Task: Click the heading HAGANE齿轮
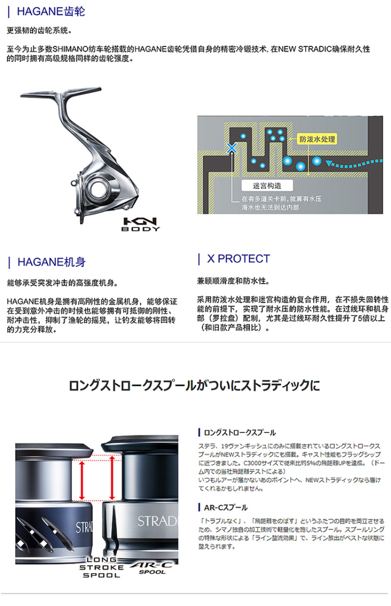tap(51, 12)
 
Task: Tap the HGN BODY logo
tap(140, 224)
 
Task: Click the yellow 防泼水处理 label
tap(317, 139)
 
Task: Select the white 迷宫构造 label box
tap(267, 185)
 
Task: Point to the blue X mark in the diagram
tap(232, 148)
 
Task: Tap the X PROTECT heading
tap(238, 259)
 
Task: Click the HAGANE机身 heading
tap(51, 262)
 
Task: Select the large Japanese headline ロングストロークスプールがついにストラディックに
tap(195, 385)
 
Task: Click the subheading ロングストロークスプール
tap(239, 432)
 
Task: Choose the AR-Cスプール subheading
tap(225, 508)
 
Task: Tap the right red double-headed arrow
tap(112, 478)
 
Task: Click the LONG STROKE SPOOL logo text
tap(101, 567)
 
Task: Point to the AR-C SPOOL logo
tap(152, 568)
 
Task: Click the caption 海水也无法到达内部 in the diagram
tap(270, 207)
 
